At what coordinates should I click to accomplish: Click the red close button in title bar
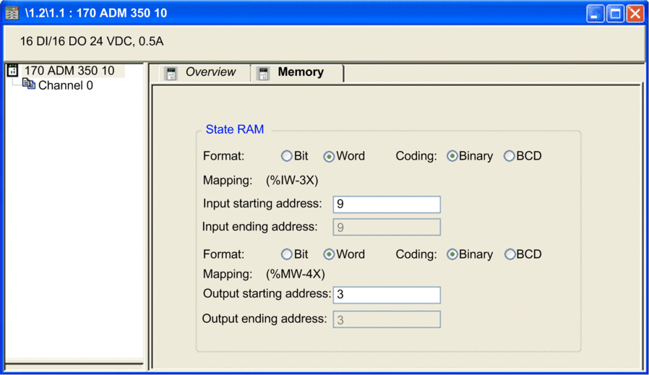click(x=635, y=14)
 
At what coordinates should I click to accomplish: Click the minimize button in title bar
click(x=596, y=14)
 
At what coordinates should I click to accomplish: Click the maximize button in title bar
click(x=615, y=14)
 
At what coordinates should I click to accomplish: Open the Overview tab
click(x=201, y=72)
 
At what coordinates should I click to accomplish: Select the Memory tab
click(x=297, y=72)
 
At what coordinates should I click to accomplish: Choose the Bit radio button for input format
click(x=286, y=156)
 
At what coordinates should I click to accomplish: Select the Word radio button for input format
click(x=329, y=156)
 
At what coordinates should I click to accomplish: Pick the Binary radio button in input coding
click(x=452, y=156)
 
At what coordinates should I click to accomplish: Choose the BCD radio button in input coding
click(x=509, y=156)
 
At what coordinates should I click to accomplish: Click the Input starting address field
click(x=387, y=204)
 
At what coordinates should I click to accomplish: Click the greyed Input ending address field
click(x=387, y=227)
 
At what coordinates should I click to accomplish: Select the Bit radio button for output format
click(x=286, y=254)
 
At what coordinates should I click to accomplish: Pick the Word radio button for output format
click(x=329, y=254)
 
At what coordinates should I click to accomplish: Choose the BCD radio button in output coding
click(x=510, y=254)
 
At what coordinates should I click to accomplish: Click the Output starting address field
click(x=387, y=295)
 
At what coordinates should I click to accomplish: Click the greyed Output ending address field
click(x=387, y=319)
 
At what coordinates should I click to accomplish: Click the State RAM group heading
click(x=235, y=129)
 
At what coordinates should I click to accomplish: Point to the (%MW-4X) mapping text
click(x=296, y=274)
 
